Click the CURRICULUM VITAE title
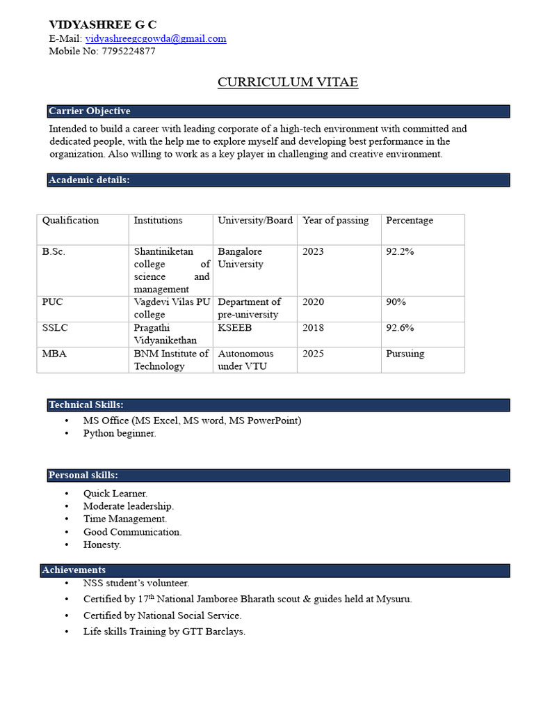pyautogui.click(x=288, y=82)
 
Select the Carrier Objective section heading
pyautogui.click(x=89, y=111)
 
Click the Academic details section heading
pyautogui.click(x=89, y=180)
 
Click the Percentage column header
pyautogui.click(x=409, y=221)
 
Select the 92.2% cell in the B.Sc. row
pyautogui.click(x=400, y=251)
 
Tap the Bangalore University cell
pyautogui.click(x=241, y=258)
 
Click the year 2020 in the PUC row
pyautogui.click(x=313, y=302)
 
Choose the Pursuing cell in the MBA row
pyautogui.click(x=405, y=354)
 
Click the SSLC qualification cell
pyautogui.click(x=55, y=328)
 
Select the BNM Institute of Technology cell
pyautogui.click(x=170, y=360)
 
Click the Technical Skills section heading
pyautogui.click(x=86, y=405)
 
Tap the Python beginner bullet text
pyautogui.click(x=120, y=433)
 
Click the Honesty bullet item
pyautogui.click(x=102, y=544)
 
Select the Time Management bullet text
pyautogui.click(x=125, y=519)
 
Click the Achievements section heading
pyautogui.click(x=74, y=570)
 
